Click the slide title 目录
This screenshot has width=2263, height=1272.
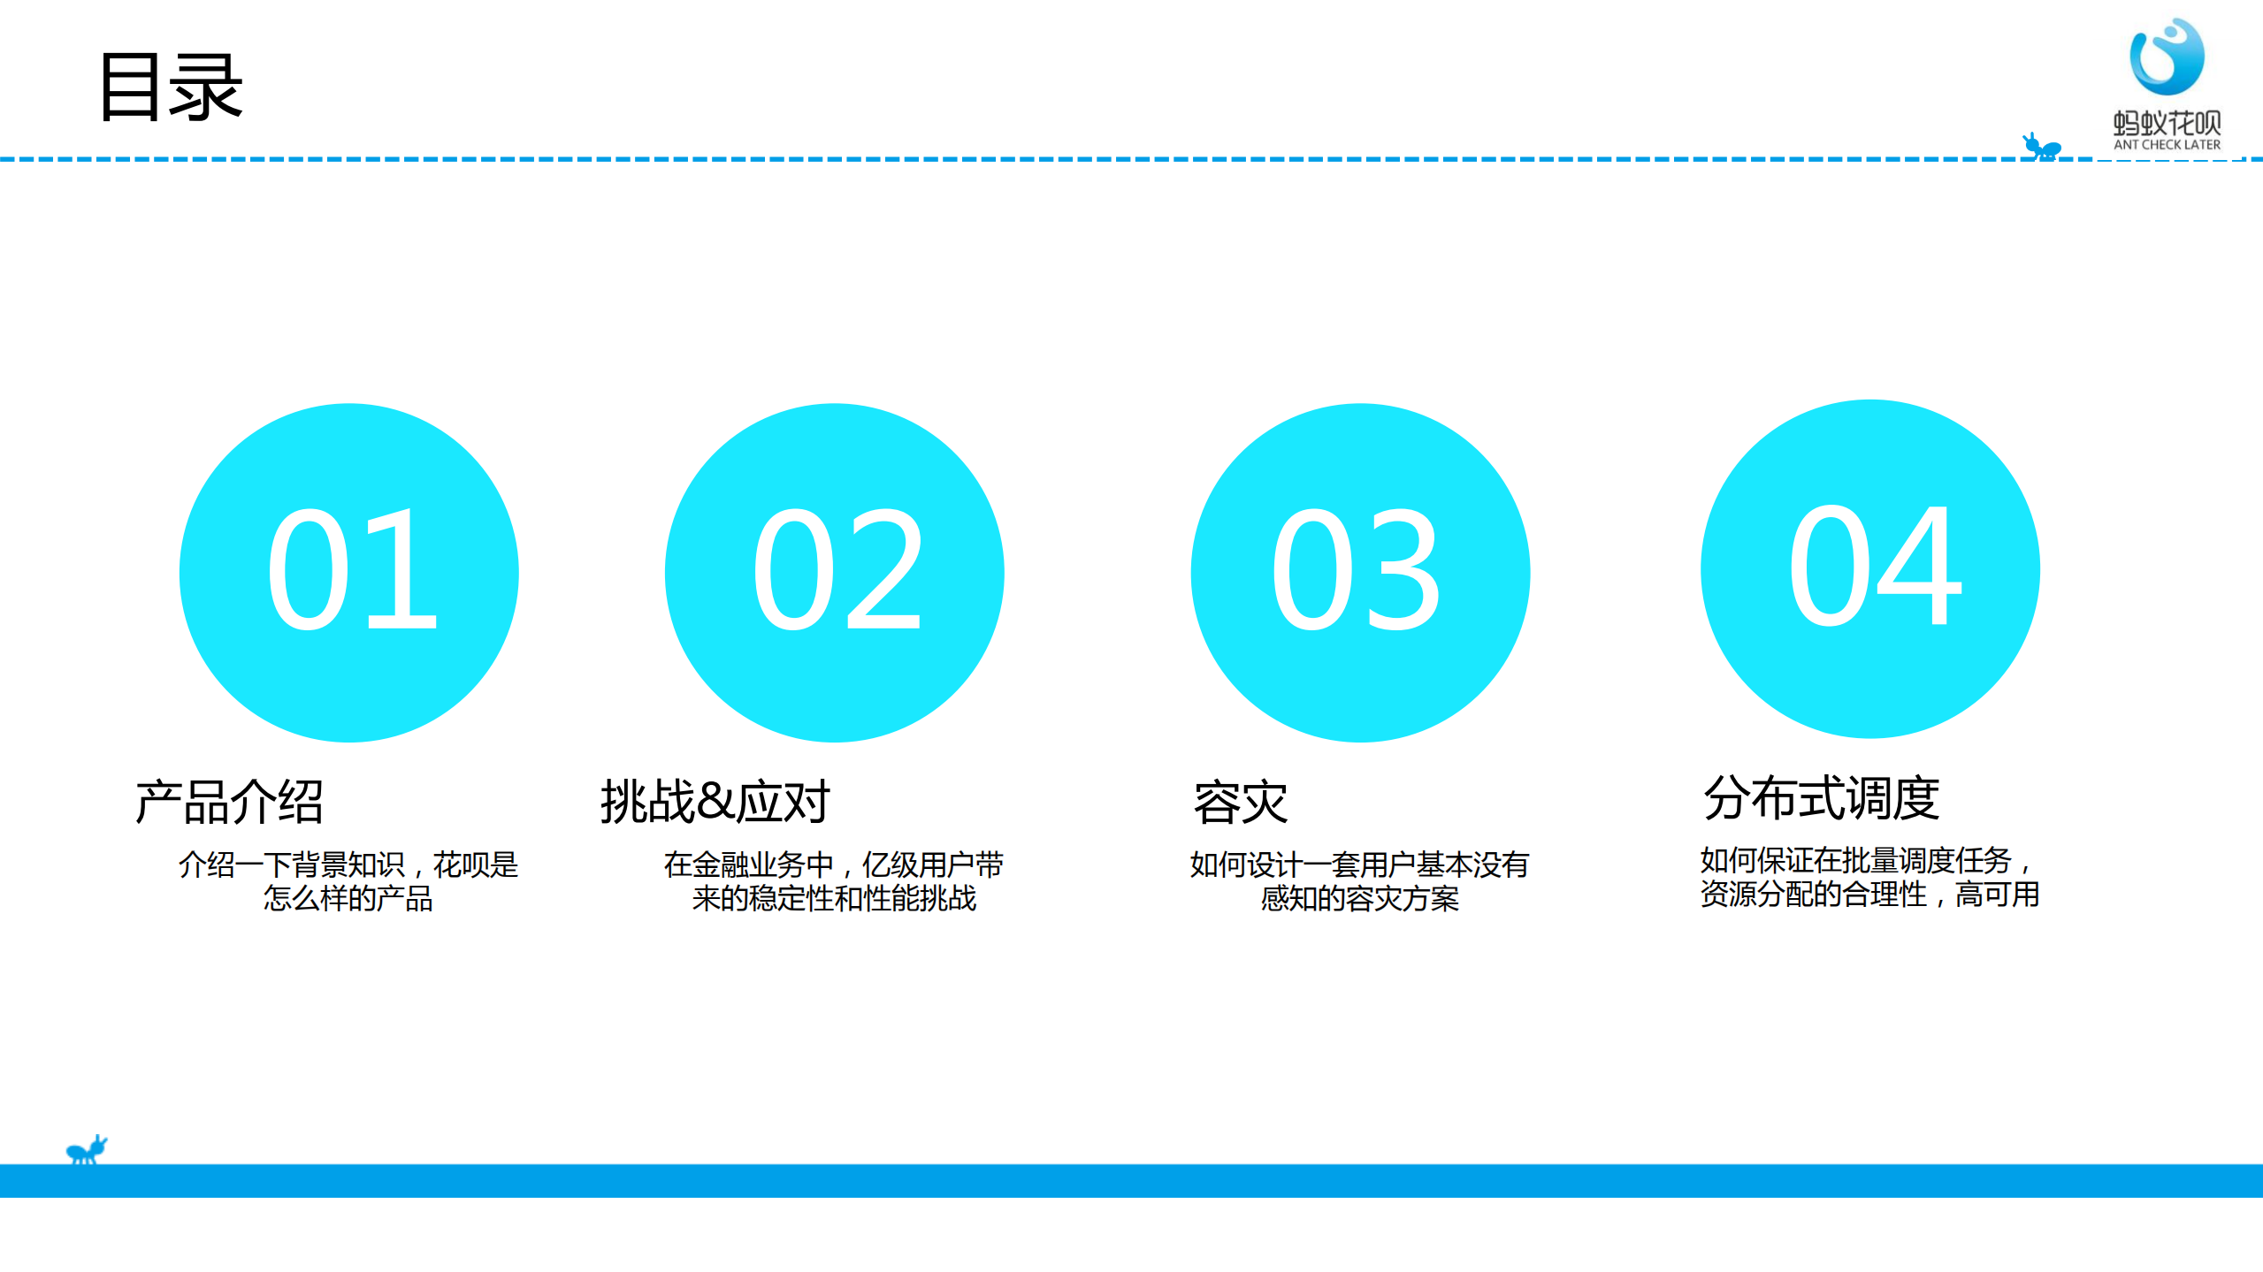pos(171,87)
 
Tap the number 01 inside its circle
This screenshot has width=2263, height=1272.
pos(351,570)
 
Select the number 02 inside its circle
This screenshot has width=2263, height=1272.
pos(836,570)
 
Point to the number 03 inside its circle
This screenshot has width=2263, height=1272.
pos(1357,570)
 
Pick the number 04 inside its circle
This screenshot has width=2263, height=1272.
pos(1873,566)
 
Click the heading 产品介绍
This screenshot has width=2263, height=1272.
pos(229,802)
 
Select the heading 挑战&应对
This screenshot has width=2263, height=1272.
pos(715,802)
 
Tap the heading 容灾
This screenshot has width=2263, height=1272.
pos(1240,803)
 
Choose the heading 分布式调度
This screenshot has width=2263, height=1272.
pos(1821,797)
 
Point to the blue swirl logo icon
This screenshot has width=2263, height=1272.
pos(2166,57)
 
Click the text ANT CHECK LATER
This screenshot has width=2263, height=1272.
pos(2166,145)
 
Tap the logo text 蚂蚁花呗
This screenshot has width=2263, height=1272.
pos(2166,122)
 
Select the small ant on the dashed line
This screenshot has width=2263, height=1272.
pos(2041,147)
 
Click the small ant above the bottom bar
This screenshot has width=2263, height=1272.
pos(87,1149)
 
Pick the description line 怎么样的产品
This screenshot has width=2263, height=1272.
pos(348,899)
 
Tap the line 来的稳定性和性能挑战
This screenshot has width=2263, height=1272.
pos(834,899)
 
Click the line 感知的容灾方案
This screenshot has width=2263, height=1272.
pos(1359,899)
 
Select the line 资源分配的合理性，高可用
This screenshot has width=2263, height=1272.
pos(1869,895)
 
